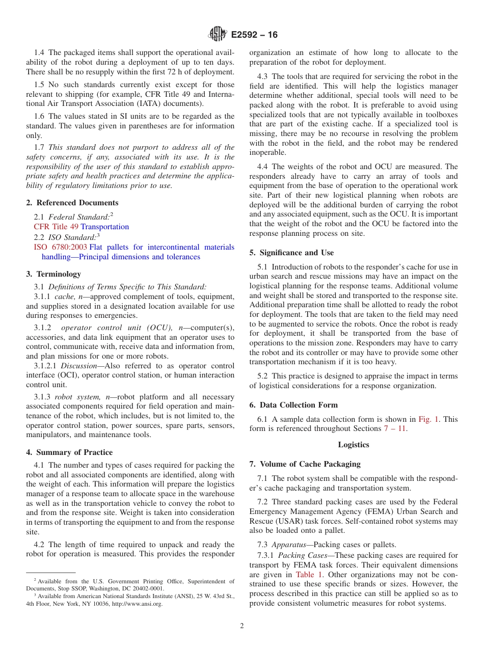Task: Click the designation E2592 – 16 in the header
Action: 254,35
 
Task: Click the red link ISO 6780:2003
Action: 60,247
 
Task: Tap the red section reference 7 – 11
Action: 395,429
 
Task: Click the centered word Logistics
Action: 353,445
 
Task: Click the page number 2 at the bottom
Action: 242,626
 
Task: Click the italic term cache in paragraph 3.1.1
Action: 63,296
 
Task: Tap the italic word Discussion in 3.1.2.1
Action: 76,366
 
